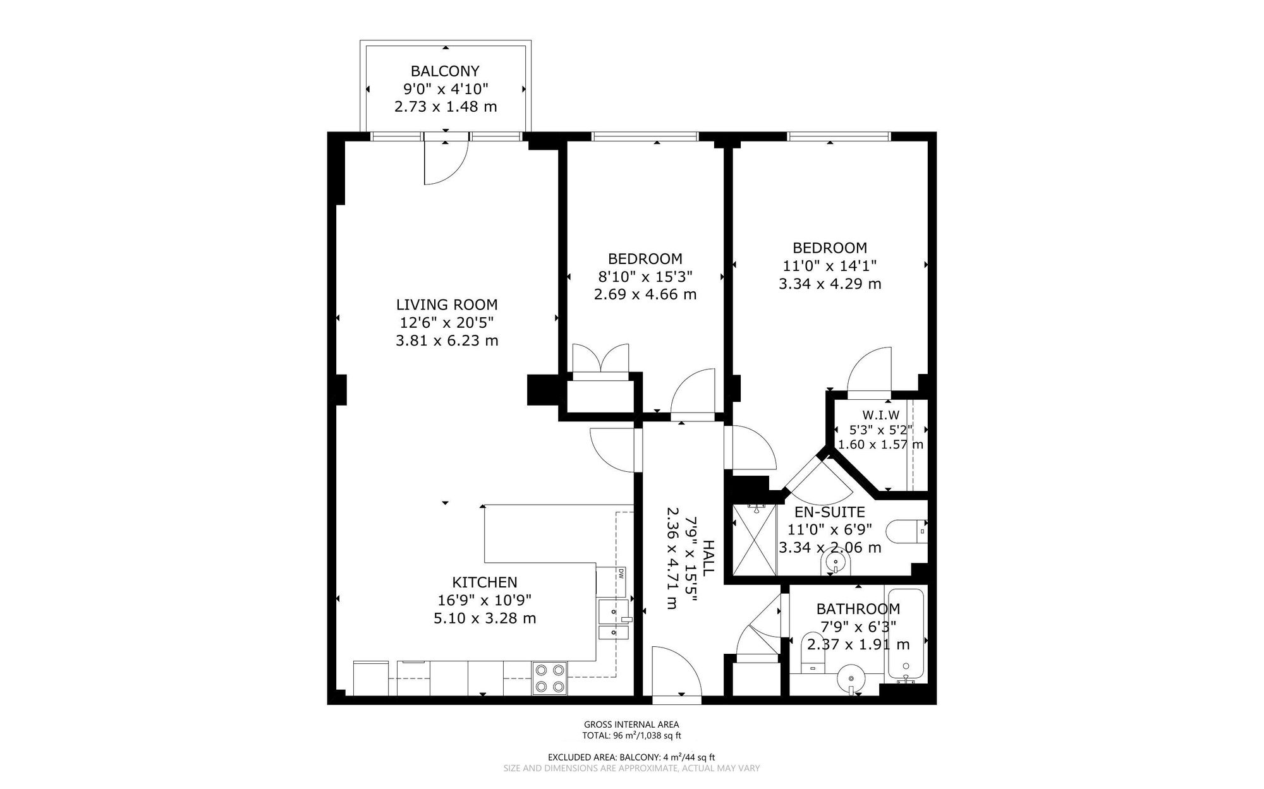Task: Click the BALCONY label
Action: pyautogui.click(x=445, y=71)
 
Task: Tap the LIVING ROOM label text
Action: pyautogui.click(x=446, y=304)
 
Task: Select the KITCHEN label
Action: pyautogui.click(x=484, y=582)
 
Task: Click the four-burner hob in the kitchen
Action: pyautogui.click(x=550, y=678)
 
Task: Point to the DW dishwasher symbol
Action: pyautogui.click(x=620, y=574)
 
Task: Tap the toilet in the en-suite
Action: pyautogui.click(x=906, y=531)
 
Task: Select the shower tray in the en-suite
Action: pyautogui.click(x=755, y=539)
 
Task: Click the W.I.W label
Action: pyautogui.click(x=880, y=415)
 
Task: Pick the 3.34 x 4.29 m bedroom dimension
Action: pyautogui.click(x=829, y=284)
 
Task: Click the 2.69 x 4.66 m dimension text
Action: pyautogui.click(x=645, y=294)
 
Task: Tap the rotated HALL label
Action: pyautogui.click(x=708, y=557)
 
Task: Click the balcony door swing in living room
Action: pyautogui.click(x=444, y=162)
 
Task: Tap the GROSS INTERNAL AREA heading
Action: pyautogui.click(x=631, y=725)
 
